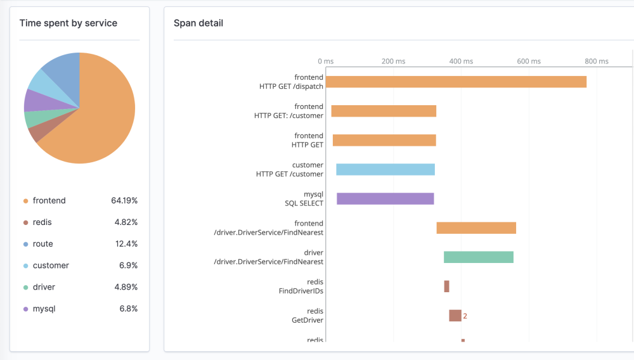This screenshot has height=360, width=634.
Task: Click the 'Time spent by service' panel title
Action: tap(68, 23)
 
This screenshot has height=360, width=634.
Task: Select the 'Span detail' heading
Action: tap(198, 23)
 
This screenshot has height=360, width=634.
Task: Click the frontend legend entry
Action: tap(49, 201)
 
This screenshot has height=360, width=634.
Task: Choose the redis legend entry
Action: tap(42, 222)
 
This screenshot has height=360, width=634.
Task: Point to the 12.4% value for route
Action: tap(126, 244)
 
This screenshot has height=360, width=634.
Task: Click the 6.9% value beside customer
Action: tap(128, 266)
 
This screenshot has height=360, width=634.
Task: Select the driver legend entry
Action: tap(44, 287)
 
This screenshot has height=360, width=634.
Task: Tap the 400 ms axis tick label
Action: tap(461, 61)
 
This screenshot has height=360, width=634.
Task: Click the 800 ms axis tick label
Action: tap(597, 61)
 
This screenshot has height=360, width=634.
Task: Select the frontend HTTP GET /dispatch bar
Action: tap(456, 82)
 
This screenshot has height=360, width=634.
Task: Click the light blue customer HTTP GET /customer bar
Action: tap(385, 169)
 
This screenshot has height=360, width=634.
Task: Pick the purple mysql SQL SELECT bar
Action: tap(385, 198)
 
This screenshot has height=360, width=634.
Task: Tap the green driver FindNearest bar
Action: tap(479, 257)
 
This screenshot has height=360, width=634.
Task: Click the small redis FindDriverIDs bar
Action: tap(447, 286)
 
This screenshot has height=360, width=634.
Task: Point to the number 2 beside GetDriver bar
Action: tap(465, 316)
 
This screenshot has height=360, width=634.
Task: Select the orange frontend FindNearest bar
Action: tap(476, 228)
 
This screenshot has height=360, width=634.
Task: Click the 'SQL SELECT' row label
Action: tap(304, 203)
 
